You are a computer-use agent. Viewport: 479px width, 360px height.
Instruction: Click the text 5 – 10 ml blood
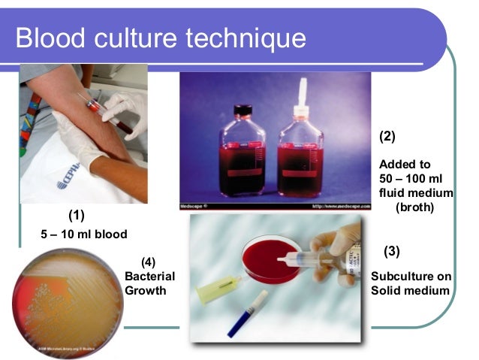[83, 233]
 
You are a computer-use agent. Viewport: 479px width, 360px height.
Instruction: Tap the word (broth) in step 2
[415, 207]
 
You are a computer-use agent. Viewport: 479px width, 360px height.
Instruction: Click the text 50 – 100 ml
[412, 178]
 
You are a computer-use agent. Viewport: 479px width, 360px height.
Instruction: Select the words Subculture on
[409, 276]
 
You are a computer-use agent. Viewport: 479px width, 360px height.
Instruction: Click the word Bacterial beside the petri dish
[149, 276]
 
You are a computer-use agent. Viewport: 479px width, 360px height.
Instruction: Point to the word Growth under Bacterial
[145, 290]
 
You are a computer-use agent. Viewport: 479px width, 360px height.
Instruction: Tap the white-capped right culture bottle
[300, 158]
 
